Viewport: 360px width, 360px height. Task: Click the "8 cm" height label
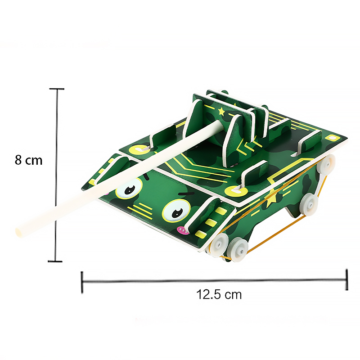pyautogui.click(x=28, y=160)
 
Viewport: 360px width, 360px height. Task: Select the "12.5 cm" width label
pyautogui.click(x=219, y=294)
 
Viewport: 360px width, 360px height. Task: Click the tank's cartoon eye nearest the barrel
pyautogui.click(x=129, y=189)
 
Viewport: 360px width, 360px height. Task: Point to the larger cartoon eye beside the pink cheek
pyautogui.click(x=176, y=211)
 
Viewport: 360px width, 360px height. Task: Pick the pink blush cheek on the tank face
pyautogui.click(x=183, y=230)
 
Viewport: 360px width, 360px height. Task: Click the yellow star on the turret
pyautogui.click(x=221, y=111)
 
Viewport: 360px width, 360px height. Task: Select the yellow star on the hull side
pyautogui.click(x=271, y=197)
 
